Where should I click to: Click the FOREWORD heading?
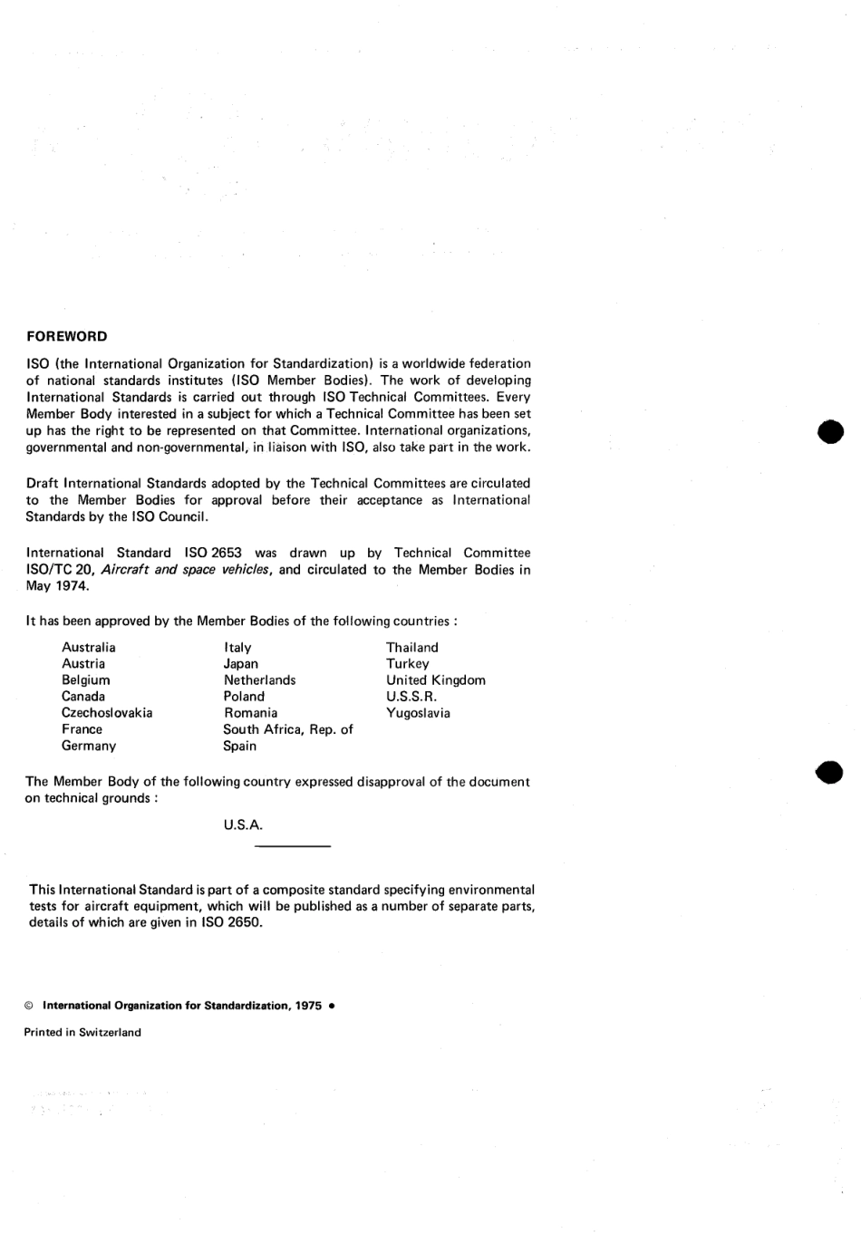(66, 336)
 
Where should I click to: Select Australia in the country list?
(88, 647)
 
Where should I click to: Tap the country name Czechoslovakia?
(106, 713)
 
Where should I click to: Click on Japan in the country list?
(240, 663)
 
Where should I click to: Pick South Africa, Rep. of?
(287, 729)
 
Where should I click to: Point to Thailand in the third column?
(411, 647)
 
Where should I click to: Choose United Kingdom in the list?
(435, 680)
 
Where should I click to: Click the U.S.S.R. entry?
(411, 697)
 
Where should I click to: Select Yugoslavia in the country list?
(418, 713)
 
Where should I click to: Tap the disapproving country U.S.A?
(243, 825)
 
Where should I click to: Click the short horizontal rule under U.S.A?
(293, 846)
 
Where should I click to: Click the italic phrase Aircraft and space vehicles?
(185, 570)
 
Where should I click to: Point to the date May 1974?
(57, 586)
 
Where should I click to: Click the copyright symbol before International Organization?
(29, 1006)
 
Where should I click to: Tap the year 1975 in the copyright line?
(307, 1006)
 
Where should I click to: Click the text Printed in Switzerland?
(82, 1032)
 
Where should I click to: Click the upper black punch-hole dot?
(829, 431)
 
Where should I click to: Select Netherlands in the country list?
(259, 680)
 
